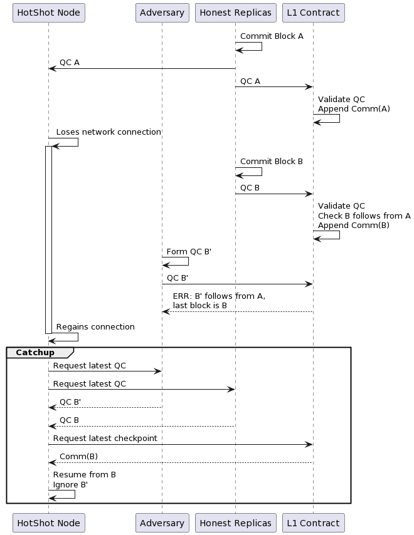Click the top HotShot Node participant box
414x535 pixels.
[48, 13]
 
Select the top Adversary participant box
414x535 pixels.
[162, 13]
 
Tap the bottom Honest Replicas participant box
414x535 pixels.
[235, 522]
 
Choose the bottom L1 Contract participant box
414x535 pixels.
[313, 522]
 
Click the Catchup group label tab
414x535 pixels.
[35, 353]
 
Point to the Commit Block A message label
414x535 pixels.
[272, 36]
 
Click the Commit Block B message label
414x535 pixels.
[272, 162]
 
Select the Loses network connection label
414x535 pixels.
[109, 132]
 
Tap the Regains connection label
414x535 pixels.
[95, 327]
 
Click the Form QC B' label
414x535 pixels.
[189, 251]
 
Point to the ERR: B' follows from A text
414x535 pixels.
[219, 296]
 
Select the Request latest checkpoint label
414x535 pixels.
[105, 438]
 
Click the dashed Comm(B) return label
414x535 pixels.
[78, 456]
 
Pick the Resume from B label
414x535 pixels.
[85, 474]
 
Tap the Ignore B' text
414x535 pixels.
[70, 484]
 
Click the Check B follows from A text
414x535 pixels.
[364, 216]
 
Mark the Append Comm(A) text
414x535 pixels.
[354, 109]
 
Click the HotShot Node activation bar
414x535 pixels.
[48, 238]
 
